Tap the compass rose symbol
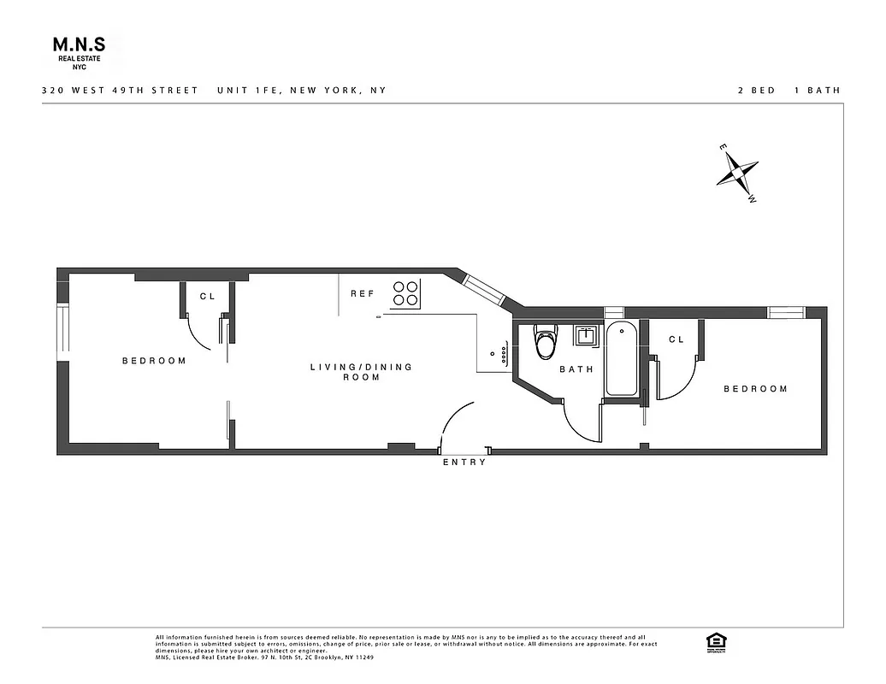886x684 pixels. pyautogui.click(x=737, y=174)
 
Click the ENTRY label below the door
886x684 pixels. pyautogui.click(x=464, y=463)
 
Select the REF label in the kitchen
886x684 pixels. pyautogui.click(x=363, y=293)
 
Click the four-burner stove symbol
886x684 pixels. pyautogui.click(x=406, y=293)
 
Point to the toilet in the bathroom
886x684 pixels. pyautogui.click(x=545, y=342)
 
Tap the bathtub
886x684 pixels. pyautogui.click(x=622, y=359)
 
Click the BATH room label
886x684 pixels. pyautogui.click(x=576, y=369)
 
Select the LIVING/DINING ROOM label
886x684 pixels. pyautogui.click(x=361, y=372)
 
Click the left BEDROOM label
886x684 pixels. pyautogui.click(x=154, y=361)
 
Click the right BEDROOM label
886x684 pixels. pyautogui.click(x=755, y=389)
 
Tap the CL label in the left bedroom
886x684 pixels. pyautogui.click(x=207, y=297)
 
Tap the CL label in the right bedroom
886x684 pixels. pyautogui.click(x=676, y=339)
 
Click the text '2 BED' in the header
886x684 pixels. pyautogui.click(x=756, y=90)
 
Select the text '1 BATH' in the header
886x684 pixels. pyautogui.click(x=818, y=90)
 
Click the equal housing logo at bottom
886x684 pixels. pyautogui.click(x=713, y=641)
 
